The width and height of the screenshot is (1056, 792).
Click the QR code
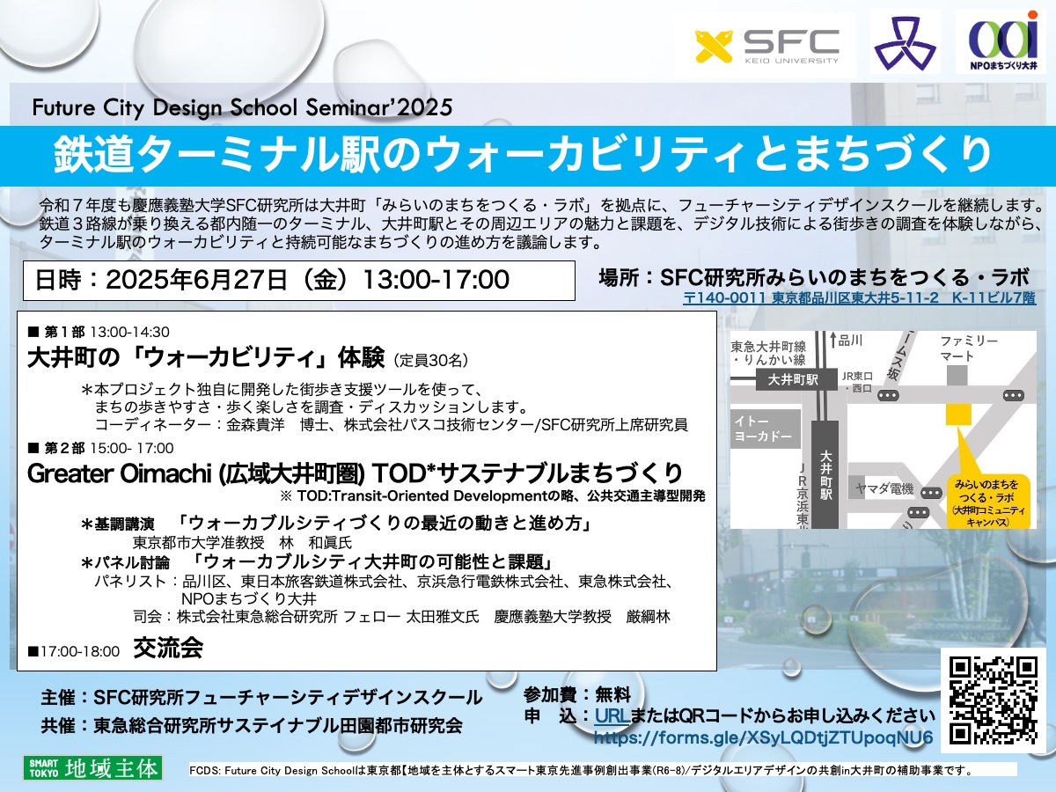point(994,700)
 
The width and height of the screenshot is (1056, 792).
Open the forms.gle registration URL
point(763,737)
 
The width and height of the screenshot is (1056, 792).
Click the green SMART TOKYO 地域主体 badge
point(93,768)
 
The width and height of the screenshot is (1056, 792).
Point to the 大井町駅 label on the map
point(793,380)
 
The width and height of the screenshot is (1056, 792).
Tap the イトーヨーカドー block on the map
point(765,429)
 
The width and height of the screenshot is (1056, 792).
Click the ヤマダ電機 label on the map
point(884,489)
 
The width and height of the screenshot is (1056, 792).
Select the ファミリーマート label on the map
point(969,348)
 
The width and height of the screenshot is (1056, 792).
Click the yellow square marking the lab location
point(957,414)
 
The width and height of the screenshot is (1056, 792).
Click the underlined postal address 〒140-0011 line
point(859,298)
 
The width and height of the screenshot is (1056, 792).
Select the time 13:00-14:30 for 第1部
point(130,332)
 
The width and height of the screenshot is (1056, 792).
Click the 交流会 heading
point(168,648)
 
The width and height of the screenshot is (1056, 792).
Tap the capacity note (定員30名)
point(430,360)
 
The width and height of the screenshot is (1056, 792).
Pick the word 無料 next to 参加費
point(612,695)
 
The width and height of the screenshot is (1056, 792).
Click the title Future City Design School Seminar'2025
point(243,107)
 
